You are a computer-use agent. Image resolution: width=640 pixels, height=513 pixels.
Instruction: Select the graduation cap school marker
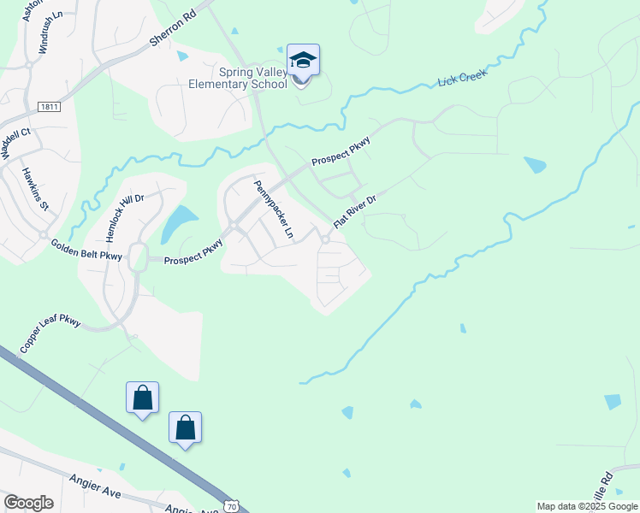pyautogui.click(x=303, y=62)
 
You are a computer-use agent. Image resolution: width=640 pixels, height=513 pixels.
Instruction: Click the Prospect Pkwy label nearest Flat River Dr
pyautogui.click(x=341, y=150)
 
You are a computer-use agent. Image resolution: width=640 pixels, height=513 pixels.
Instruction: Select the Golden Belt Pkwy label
pyautogui.click(x=86, y=250)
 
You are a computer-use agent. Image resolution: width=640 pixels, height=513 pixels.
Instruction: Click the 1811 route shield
pyautogui.click(x=50, y=106)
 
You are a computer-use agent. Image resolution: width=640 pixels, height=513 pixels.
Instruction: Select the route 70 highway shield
pyautogui.click(x=230, y=506)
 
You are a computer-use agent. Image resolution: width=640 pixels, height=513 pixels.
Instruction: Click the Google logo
pyautogui.click(x=28, y=503)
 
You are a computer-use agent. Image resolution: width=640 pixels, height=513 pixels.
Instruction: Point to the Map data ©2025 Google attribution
pyautogui.click(x=588, y=506)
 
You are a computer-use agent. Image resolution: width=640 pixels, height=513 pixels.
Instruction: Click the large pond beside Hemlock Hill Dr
pyautogui.click(x=176, y=224)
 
